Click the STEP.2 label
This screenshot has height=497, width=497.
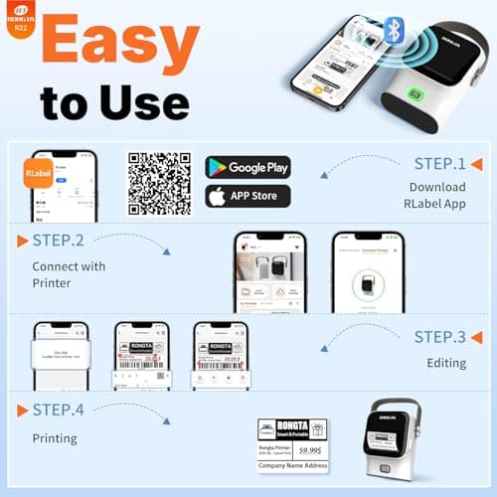tap(56, 242)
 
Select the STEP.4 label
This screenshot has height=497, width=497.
tap(56, 411)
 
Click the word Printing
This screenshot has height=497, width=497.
tap(55, 437)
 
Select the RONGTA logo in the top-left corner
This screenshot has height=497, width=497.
tap(20, 15)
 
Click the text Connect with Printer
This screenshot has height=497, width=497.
tap(69, 273)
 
